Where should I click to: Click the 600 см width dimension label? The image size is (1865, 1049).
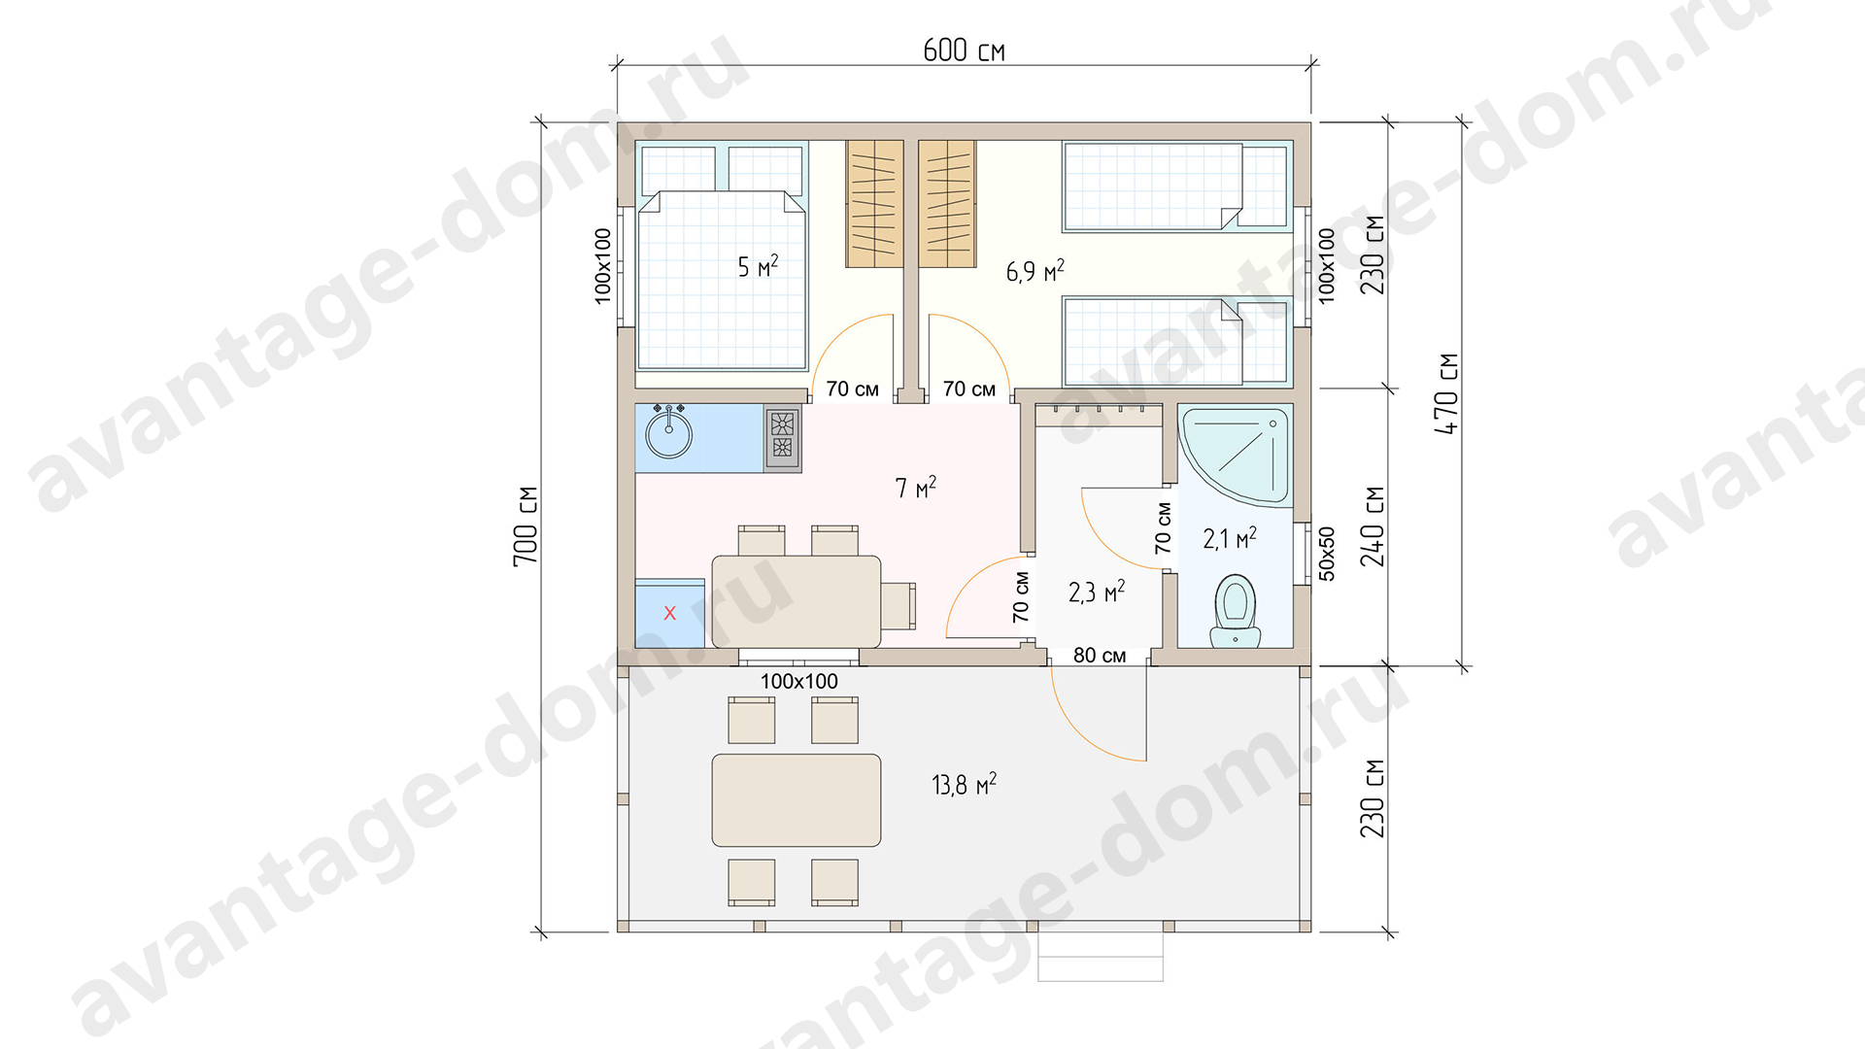click(964, 51)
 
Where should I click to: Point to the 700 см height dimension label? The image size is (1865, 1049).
click(526, 525)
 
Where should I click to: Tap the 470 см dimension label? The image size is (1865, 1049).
click(1446, 393)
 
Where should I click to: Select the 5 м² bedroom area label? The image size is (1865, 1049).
click(758, 266)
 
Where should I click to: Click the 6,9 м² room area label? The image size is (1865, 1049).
click(1034, 271)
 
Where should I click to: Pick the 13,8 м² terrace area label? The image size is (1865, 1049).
click(964, 784)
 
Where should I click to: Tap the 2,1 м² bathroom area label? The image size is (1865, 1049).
click(1230, 538)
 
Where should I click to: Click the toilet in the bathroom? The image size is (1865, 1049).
click(1236, 610)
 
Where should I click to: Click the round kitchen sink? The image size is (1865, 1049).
click(669, 434)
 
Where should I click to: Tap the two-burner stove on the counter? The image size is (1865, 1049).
click(782, 437)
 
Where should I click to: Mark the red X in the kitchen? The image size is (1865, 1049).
click(669, 613)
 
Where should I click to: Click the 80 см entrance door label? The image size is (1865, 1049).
click(1100, 656)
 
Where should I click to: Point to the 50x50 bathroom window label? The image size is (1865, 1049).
click(1327, 554)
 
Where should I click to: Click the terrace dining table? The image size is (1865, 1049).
click(797, 800)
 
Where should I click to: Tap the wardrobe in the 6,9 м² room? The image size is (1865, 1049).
click(947, 204)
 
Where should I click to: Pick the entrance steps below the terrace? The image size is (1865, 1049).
click(1101, 957)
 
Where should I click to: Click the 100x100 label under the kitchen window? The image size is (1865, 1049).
click(798, 681)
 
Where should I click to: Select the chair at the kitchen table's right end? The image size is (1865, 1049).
click(899, 606)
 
